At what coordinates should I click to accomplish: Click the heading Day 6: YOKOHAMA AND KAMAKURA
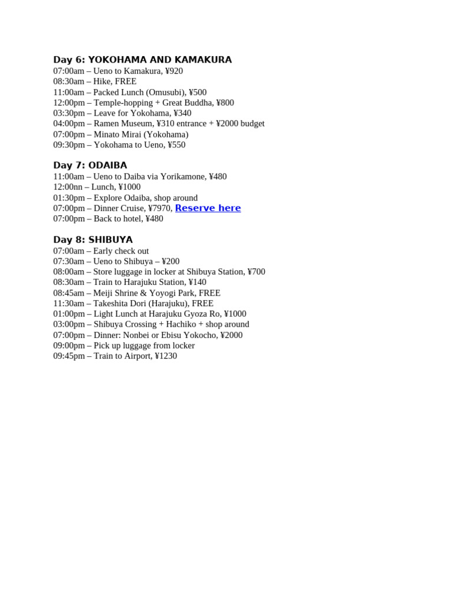click(x=142, y=60)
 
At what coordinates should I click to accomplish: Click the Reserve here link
click(x=208, y=208)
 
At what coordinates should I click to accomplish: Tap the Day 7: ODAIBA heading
click(x=90, y=165)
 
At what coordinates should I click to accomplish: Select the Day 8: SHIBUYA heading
click(x=93, y=239)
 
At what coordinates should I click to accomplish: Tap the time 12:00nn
click(x=67, y=187)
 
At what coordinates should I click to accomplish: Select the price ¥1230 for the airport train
click(x=166, y=356)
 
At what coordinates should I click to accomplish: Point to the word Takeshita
click(x=112, y=303)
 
